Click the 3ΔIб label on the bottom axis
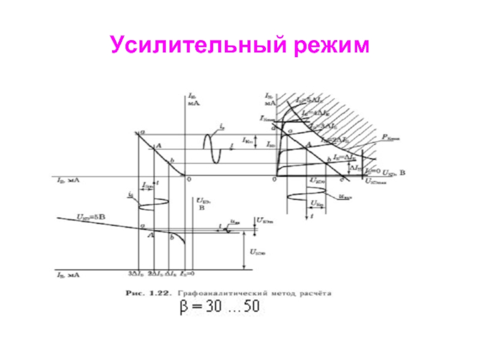[x=136, y=274]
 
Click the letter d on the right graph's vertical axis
[x=273, y=128]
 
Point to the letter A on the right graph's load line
[x=308, y=145]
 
